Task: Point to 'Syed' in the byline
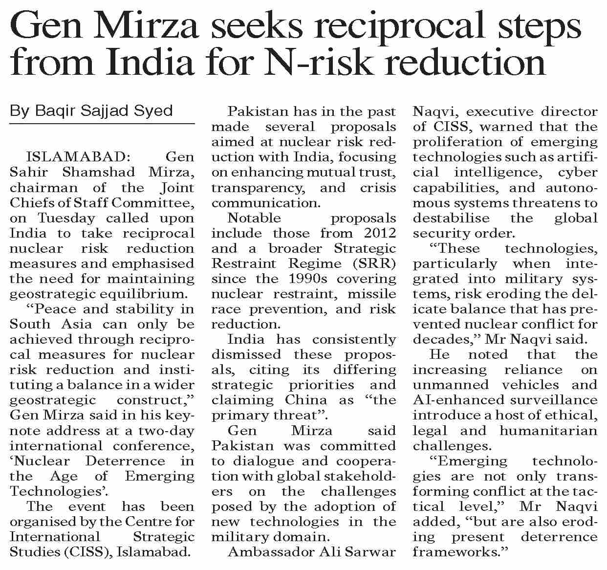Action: coord(155,111)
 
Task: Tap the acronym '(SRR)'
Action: coord(377,263)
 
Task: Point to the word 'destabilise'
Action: coord(446,218)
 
